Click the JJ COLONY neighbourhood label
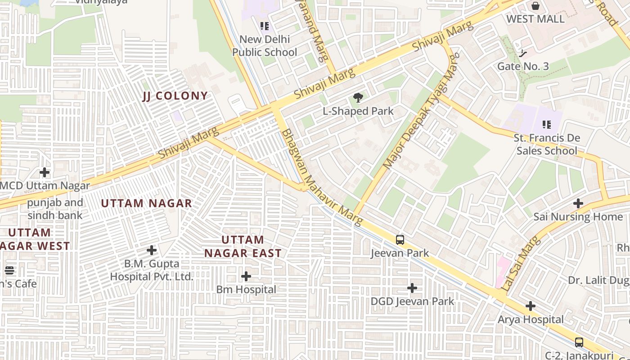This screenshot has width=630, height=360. (x=175, y=96)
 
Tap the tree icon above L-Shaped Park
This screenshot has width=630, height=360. (x=358, y=97)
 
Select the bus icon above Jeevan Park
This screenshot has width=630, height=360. (x=400, y=240)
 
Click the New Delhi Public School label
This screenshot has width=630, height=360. (x=265, y=46)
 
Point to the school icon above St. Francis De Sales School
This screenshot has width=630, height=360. (x=547, y=124)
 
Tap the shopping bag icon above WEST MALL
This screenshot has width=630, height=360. (x=535, y=6)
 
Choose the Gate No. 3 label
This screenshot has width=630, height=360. (x=523, y=67)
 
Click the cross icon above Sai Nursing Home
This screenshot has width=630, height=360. (x=578, y=203)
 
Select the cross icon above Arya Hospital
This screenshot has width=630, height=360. (x=531, y=306)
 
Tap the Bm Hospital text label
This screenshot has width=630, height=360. (x=246, y=289)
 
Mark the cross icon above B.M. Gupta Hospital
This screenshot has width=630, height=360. (x=152, y=250)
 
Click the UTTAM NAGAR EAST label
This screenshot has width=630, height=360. (x=243, y=246)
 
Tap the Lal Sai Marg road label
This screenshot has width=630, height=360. (x=520, y=263)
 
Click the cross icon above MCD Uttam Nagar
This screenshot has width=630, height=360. (x=45, y=172)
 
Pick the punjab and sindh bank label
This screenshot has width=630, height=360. (x=55, y=209)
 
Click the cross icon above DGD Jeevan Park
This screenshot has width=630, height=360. (x=412, y=288)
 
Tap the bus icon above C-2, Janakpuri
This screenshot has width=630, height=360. (x=579, y=342)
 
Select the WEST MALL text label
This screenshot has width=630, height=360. (x=535, y=19)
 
